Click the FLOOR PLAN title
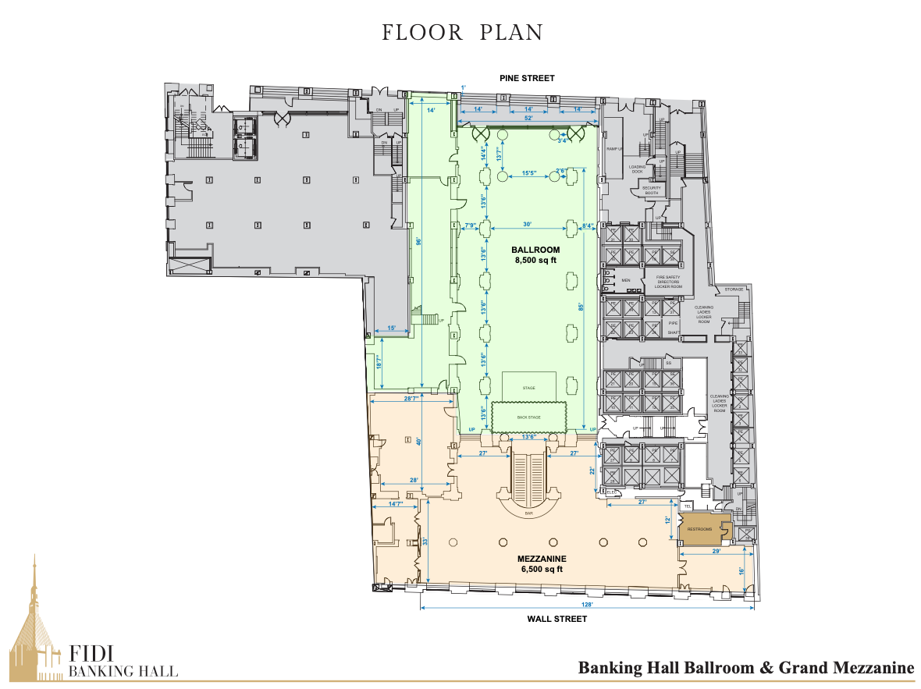tap(461, 33)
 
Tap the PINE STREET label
tap(528, 78)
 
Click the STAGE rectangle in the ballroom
tap(528, 387)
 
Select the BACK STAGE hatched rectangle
tap(528, 416)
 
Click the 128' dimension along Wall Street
tap(588, 605)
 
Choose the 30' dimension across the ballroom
tap(528, 225)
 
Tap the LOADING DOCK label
tap(637, 169)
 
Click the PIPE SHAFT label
tap(674, 327)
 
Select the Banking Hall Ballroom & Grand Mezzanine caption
tap(745, 668)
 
